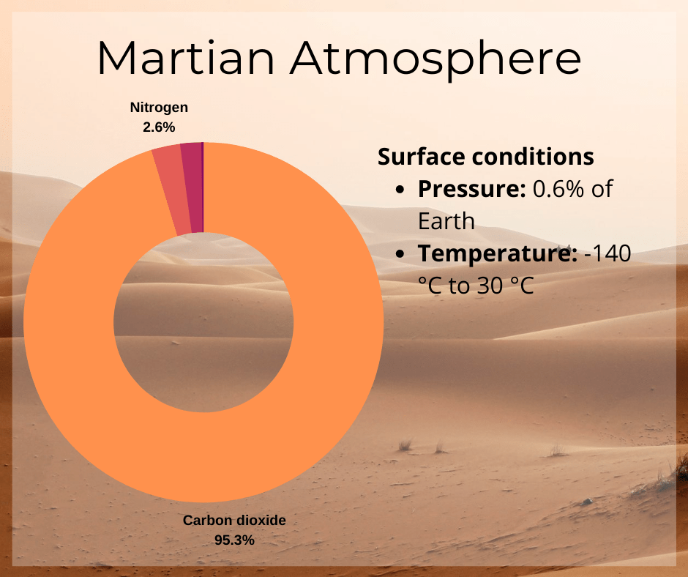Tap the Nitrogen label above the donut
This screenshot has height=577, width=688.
coord(159,108)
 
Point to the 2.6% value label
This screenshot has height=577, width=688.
coord(159,127)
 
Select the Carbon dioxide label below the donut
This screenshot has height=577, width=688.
coord(234,521)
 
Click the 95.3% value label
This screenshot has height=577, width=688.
coord(234,540)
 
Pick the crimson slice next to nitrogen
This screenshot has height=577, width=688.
coord(192,187)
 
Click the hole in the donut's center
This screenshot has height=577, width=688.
coord(203,322)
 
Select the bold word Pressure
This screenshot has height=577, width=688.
coord(471,189)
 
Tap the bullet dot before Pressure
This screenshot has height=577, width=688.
coord(400,190)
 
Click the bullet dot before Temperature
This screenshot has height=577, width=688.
coord(400,254)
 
